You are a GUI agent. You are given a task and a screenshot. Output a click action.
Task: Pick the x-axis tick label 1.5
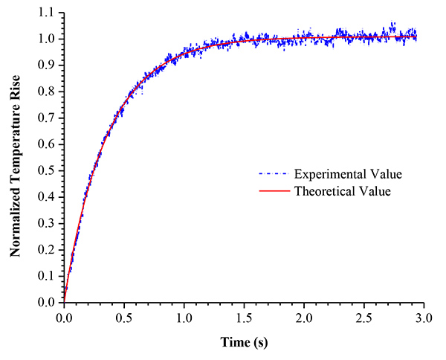point(244,318)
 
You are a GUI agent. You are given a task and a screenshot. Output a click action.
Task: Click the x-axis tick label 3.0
point(424,318)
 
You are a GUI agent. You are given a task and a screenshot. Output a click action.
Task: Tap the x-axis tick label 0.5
point(124,318)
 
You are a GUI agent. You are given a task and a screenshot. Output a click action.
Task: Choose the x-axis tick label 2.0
point(304,318)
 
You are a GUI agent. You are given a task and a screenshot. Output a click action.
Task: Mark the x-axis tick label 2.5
point(363,318)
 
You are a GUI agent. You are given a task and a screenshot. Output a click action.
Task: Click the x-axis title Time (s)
point(244,342)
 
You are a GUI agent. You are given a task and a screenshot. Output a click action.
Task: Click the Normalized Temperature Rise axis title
point(16,158)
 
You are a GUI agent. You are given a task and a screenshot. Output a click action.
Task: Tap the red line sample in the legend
point(275,191)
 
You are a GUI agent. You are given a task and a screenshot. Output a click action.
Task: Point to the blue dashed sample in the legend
point(275,175)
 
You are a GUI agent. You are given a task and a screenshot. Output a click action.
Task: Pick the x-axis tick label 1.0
point(184,318)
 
